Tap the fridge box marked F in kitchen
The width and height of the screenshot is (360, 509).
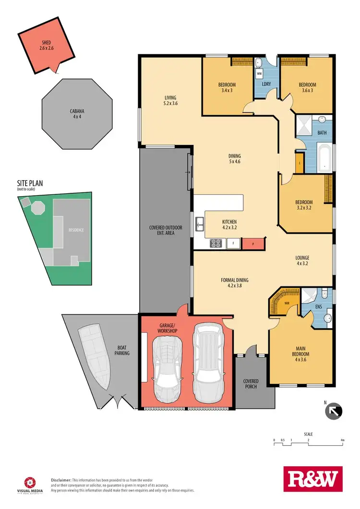[233, 244]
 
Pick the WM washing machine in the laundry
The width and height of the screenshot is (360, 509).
[259, 74]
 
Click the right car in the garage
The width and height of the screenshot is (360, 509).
[207, 359]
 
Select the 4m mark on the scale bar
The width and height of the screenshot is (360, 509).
[342, 439]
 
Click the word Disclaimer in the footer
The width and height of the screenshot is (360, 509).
[61, 480]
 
